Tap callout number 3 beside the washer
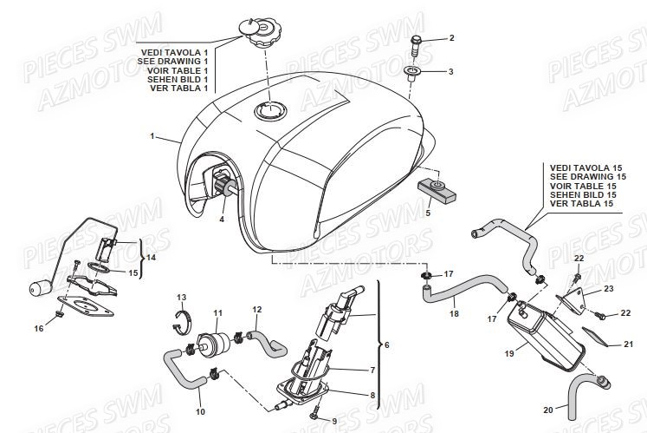tap(450, 71)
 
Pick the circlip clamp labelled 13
tap(181, 321)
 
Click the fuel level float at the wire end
tap(39, 287)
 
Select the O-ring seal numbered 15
tap(99, 267)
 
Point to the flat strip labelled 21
tap(594, 336)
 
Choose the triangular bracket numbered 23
tap(572, 299)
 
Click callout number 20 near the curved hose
tap(548, 410)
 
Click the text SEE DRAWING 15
tap(588, 177)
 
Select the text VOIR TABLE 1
tap(178, 70)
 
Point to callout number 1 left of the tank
tap(152, 135)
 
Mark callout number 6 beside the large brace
tap(386, 344)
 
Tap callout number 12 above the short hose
tap(257, 309)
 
